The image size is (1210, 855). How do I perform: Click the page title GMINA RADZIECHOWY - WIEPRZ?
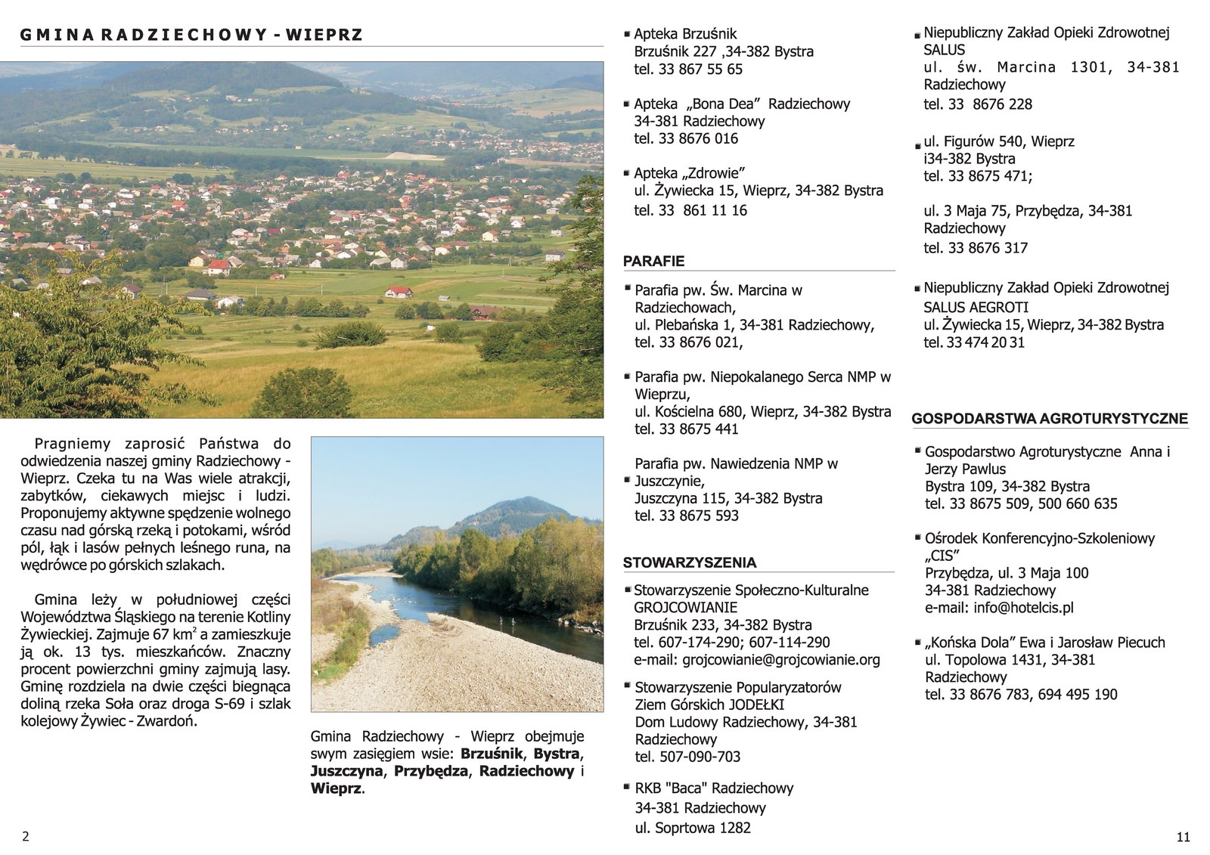click(191, 35)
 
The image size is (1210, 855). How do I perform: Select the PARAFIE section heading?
click(653, 262)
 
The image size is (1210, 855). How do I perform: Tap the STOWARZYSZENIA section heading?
click(689, 562)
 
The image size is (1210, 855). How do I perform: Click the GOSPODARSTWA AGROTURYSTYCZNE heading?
click(1049, 419)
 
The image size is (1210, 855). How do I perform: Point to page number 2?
click(26, 837)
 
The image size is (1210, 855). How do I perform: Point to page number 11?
click(1184, 837)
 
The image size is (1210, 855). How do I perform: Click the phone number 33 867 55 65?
click(700, 70)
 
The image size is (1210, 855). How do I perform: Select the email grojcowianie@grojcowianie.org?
click(781, 660)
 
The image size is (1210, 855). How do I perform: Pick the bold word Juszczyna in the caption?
click(346, 772)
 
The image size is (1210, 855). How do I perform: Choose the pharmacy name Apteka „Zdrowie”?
click(690, 173)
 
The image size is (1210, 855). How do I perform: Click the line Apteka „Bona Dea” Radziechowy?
click(741, 104)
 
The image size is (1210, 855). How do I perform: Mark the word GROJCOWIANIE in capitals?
click(686, 608)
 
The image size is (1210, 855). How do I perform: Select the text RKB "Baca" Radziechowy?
click(714, 788)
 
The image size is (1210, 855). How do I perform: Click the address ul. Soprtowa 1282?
click(693, 828)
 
